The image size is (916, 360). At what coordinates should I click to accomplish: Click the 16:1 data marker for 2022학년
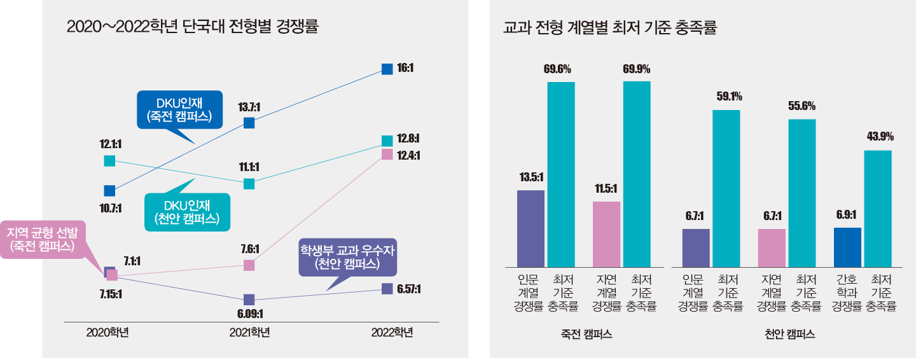pos(387,69)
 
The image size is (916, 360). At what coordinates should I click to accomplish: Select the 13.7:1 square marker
pos(249,123)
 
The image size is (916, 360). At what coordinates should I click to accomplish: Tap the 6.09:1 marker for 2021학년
pos(249,300)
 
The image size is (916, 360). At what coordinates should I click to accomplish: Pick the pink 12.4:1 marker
pos(387,155)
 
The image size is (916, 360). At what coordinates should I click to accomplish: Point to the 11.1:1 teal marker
pos(249,184)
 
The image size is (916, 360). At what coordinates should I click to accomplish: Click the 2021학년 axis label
pos(250,332)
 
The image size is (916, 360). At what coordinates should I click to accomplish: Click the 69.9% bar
pos(637,174)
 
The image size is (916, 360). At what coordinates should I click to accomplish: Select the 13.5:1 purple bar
pos(531,228)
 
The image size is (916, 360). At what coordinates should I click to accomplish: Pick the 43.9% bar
pos(877,209)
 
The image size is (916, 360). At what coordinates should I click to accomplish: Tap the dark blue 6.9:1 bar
pos(847,247)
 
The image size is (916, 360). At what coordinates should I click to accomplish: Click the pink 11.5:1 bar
pos(606,234)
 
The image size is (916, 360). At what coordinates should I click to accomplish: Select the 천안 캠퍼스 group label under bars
pos(789,334)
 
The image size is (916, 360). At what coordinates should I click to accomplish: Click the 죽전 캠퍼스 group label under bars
pos(586,334)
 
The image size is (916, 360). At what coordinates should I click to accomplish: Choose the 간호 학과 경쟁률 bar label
pos(847,292)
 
